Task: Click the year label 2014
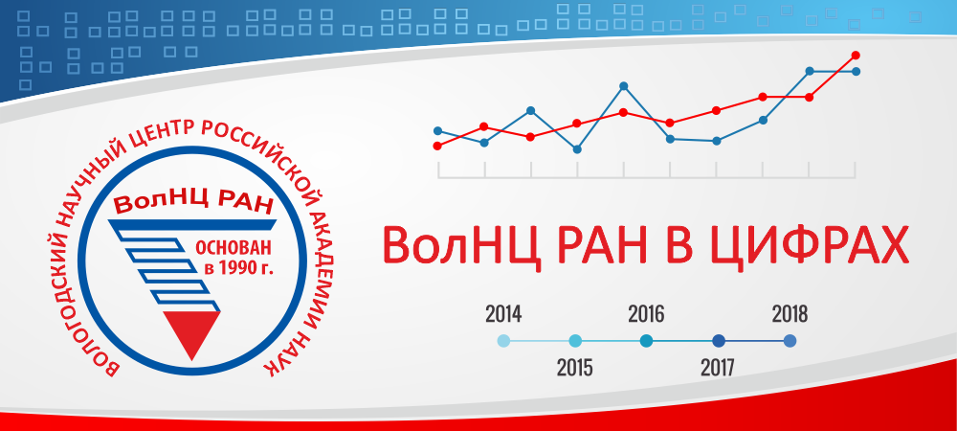tap(503, 314)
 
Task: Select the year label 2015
tap(575, 368)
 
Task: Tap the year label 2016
tap(646, 314)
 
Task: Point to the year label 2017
tap(718, 368)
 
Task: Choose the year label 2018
tap(790, 314)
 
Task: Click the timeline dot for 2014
tap(503, 341)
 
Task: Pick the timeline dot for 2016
tap(646, 341)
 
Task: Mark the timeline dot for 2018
tap(790, 341)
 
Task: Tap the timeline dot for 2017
tap(719, 341)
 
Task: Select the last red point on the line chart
tap(856, 56)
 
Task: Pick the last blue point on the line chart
tap(856, 72)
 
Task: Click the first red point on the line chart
tap(437, 146)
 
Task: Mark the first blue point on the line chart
tap(437, 130)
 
